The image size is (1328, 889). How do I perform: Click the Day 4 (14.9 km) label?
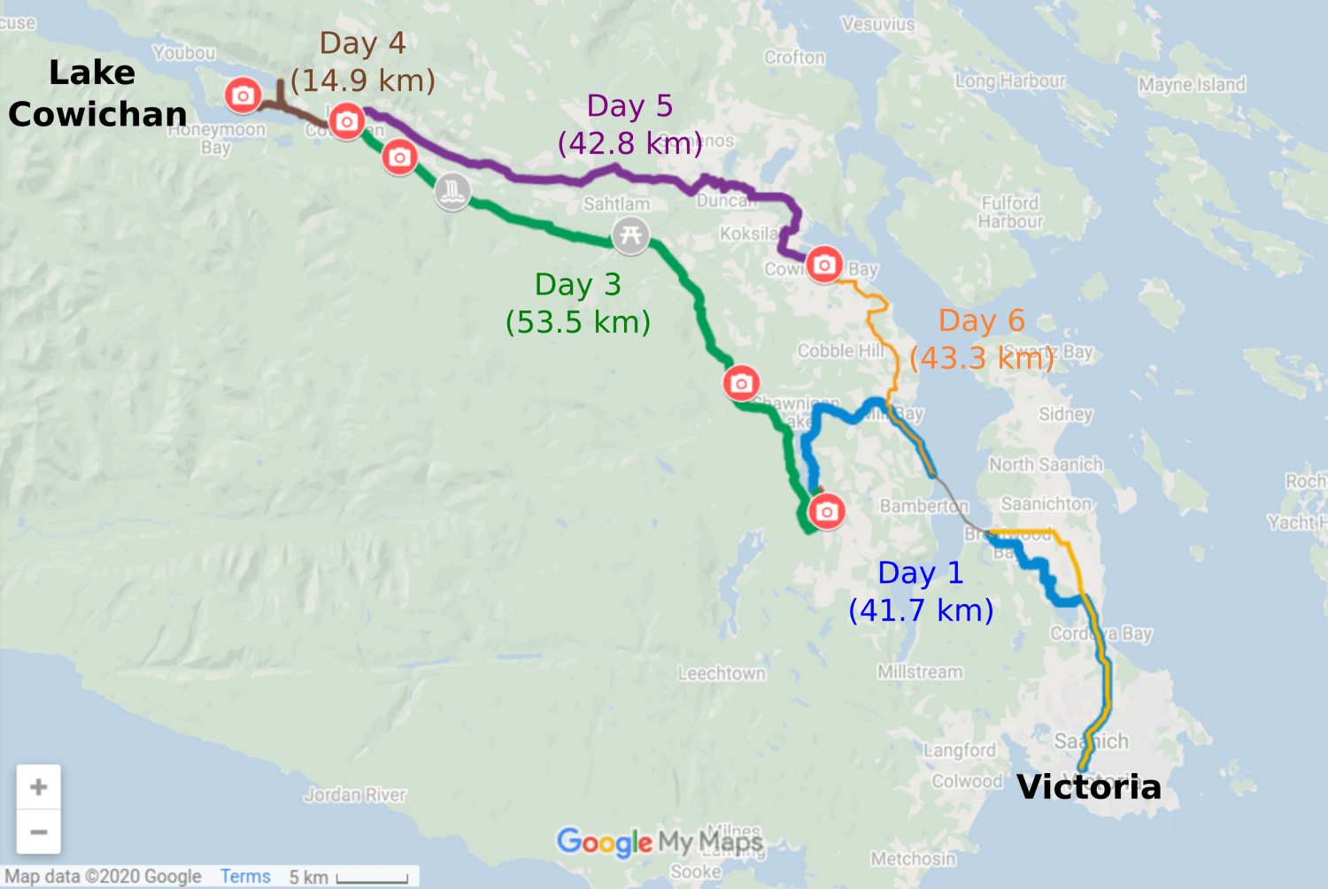coord(363,62)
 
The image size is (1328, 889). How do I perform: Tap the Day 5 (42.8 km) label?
coord(629,125)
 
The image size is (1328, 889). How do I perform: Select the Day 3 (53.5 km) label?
coord(578,303)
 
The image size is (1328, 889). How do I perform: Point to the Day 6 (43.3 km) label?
coord(982,340)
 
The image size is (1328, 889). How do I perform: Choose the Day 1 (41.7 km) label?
coord(921,592)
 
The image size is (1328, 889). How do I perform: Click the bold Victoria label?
coord(1089,786)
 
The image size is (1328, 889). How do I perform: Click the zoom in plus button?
coord(39,786)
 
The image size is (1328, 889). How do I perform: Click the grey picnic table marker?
coord(630,235)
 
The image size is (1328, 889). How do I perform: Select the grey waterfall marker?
coord(452,191)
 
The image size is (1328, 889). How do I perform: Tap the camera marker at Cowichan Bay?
coord(824,264)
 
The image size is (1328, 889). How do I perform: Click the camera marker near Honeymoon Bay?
coord(243,96)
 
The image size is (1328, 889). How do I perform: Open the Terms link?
coord(245,877)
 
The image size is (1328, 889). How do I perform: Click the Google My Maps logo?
coord(659,841)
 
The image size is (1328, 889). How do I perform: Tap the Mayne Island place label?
coord(1192,85)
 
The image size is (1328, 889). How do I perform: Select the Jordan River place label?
coord(355,794)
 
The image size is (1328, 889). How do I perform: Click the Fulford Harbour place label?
coord(1010,212)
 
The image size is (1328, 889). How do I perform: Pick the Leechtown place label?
coord(722,674)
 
